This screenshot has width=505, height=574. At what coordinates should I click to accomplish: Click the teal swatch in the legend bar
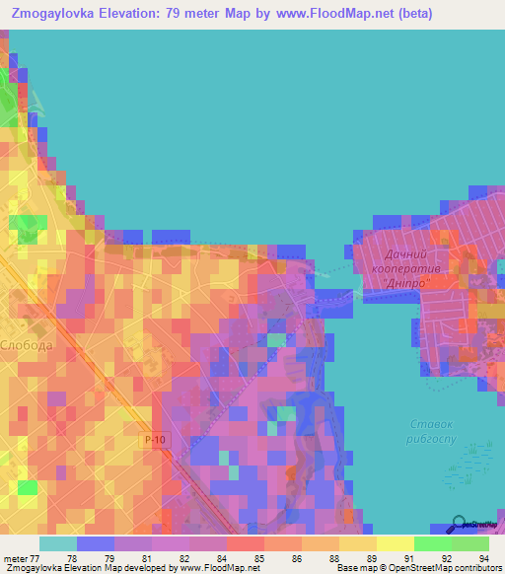coord(57,543)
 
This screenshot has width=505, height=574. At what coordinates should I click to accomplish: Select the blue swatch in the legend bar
coord(95,543)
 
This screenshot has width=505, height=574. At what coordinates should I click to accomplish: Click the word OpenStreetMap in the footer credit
coord(420,568)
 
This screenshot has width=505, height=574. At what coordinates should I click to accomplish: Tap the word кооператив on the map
coord(404,268)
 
